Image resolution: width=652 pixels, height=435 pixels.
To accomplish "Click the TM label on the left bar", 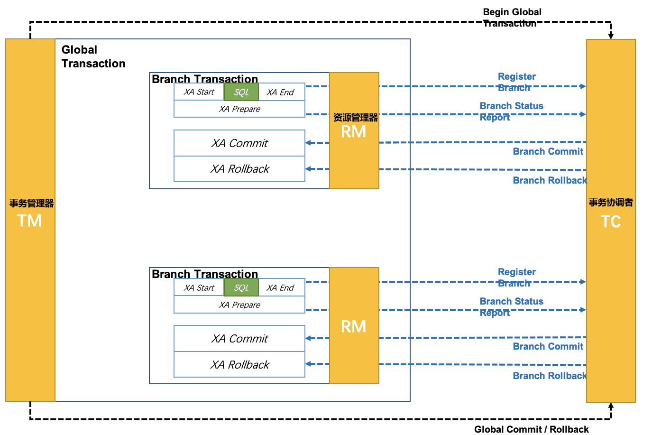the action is point(29,221).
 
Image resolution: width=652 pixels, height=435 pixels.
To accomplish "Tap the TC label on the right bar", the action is point(611,222).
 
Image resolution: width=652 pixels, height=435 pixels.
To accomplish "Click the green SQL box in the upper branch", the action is point(241,92).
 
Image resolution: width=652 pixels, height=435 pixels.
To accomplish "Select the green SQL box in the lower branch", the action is point(241,287).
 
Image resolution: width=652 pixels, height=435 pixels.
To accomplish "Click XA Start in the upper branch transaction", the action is point(199,92).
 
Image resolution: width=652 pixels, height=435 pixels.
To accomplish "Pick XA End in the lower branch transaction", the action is point(281,287).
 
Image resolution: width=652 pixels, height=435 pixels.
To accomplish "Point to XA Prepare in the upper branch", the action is point(239,109).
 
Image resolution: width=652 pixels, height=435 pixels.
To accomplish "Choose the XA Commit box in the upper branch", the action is point(239,143).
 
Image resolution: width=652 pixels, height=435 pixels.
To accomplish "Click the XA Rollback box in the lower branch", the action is point(239,364).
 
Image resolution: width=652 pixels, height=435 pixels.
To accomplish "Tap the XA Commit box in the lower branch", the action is point(239,338).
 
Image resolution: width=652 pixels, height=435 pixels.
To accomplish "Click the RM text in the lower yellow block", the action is point(353,326).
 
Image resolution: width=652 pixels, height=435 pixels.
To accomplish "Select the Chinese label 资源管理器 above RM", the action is point(355,117).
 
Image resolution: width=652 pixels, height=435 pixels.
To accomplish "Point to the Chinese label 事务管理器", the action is point(31,203).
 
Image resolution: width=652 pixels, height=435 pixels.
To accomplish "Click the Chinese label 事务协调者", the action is point(611,202).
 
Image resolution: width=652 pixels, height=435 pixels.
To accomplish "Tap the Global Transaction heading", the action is point(93,56).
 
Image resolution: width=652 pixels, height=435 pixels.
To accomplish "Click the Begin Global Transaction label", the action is point(512,18).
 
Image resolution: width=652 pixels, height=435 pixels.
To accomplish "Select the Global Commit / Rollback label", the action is point(532,429).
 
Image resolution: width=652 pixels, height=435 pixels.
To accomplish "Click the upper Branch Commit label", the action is point(548,151).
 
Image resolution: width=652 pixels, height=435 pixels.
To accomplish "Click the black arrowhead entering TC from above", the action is point(611,36).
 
